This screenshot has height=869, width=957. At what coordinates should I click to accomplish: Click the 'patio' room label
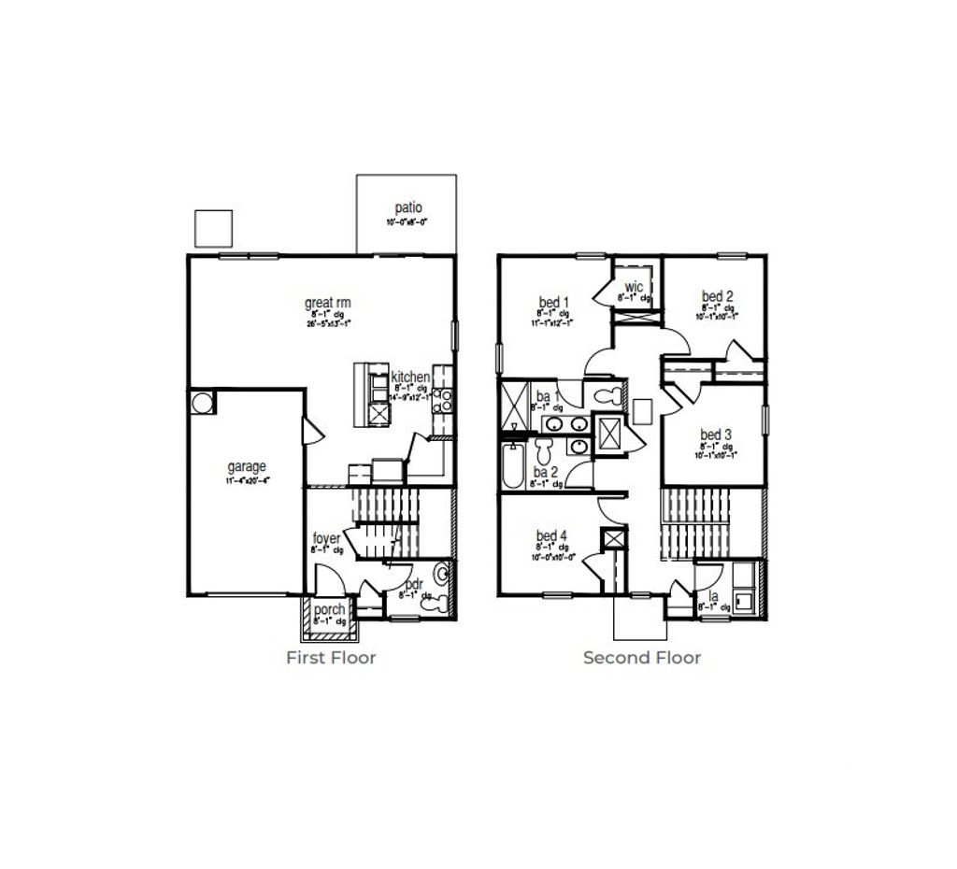(408, 207)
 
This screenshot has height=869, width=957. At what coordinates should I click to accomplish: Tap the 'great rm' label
(327, 303)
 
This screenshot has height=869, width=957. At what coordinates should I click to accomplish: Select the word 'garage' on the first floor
(247, 467)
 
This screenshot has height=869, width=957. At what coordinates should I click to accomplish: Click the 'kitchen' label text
(410, 377)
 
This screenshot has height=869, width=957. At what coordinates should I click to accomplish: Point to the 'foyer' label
(326, 538)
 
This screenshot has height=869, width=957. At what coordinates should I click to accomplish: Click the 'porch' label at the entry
(329, 609)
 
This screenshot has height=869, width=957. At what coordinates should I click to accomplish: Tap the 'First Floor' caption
(331, 658)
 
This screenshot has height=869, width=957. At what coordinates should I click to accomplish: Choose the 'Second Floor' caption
(641, 658)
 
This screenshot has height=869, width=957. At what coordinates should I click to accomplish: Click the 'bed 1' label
(552, 303)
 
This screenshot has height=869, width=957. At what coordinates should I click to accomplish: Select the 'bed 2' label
(717, 297)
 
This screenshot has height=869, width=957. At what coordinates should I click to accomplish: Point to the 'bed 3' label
(716, 435)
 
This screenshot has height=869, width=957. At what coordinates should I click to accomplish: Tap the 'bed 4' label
(551, 535)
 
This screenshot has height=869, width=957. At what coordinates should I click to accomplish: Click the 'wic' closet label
(633, 286)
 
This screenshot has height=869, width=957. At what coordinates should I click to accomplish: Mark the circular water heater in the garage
(203, 403)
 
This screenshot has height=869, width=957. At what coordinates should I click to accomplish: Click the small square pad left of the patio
(212, 227)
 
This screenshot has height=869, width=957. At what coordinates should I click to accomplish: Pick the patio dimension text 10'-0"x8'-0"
(408, 222)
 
